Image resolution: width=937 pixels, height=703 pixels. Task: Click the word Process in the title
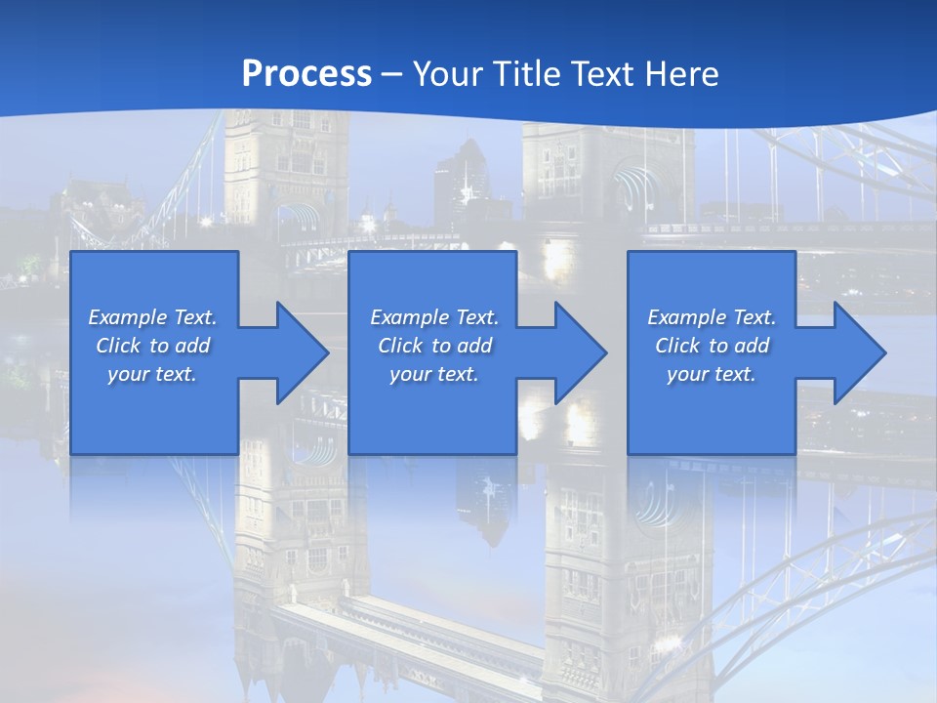point(306,74)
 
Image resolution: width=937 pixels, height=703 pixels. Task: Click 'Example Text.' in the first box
point(152,317)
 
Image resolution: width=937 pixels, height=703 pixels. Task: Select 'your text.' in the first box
point(152,374)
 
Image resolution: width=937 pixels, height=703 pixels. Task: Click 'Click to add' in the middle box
point(434,346)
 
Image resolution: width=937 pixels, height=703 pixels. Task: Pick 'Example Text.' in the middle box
point(434,317)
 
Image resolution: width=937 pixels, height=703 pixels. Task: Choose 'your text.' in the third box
point(712,374)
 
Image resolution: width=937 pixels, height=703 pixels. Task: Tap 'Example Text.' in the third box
point(712,317)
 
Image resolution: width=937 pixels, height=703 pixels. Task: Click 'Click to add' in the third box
point(712,346)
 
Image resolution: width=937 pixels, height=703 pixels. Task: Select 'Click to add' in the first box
point(152,346)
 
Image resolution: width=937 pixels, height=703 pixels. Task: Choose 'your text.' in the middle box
point(434,374)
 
